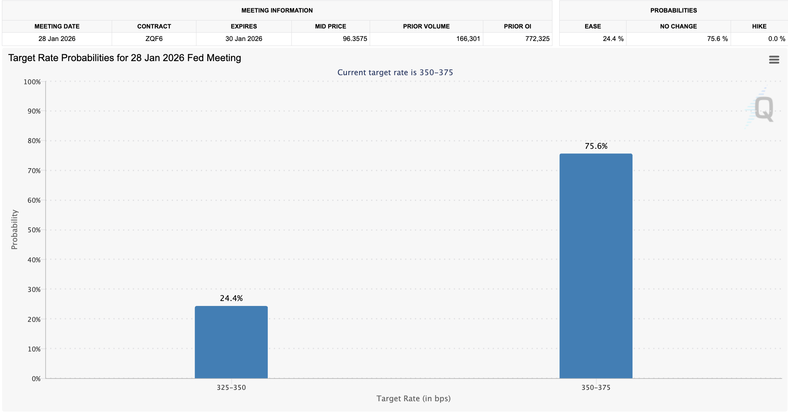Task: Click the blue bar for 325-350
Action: click(231, 342)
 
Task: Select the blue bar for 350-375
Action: click(596, 266)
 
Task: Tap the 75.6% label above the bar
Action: click(596, 146)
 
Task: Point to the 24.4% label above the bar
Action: click(231, 298)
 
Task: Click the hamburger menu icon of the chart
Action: click(774, 60)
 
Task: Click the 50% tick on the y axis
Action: click(34, 230)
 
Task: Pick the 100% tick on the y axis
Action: click(32, 82)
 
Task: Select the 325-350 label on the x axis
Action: click(231, 388)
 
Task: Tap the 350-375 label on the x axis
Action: click(596, 388)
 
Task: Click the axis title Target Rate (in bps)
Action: click(413, 399)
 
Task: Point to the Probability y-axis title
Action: click(14, 229)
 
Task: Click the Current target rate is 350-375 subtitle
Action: click(395, 73)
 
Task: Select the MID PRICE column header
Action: click(330, 26)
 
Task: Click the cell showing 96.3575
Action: click(354, 39)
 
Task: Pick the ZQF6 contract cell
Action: click(154, 39)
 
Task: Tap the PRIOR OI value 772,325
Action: click(537, 39)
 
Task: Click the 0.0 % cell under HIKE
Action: click(776, 39)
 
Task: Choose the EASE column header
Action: click(592, 26)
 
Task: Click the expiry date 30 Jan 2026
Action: click(244, 39)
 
